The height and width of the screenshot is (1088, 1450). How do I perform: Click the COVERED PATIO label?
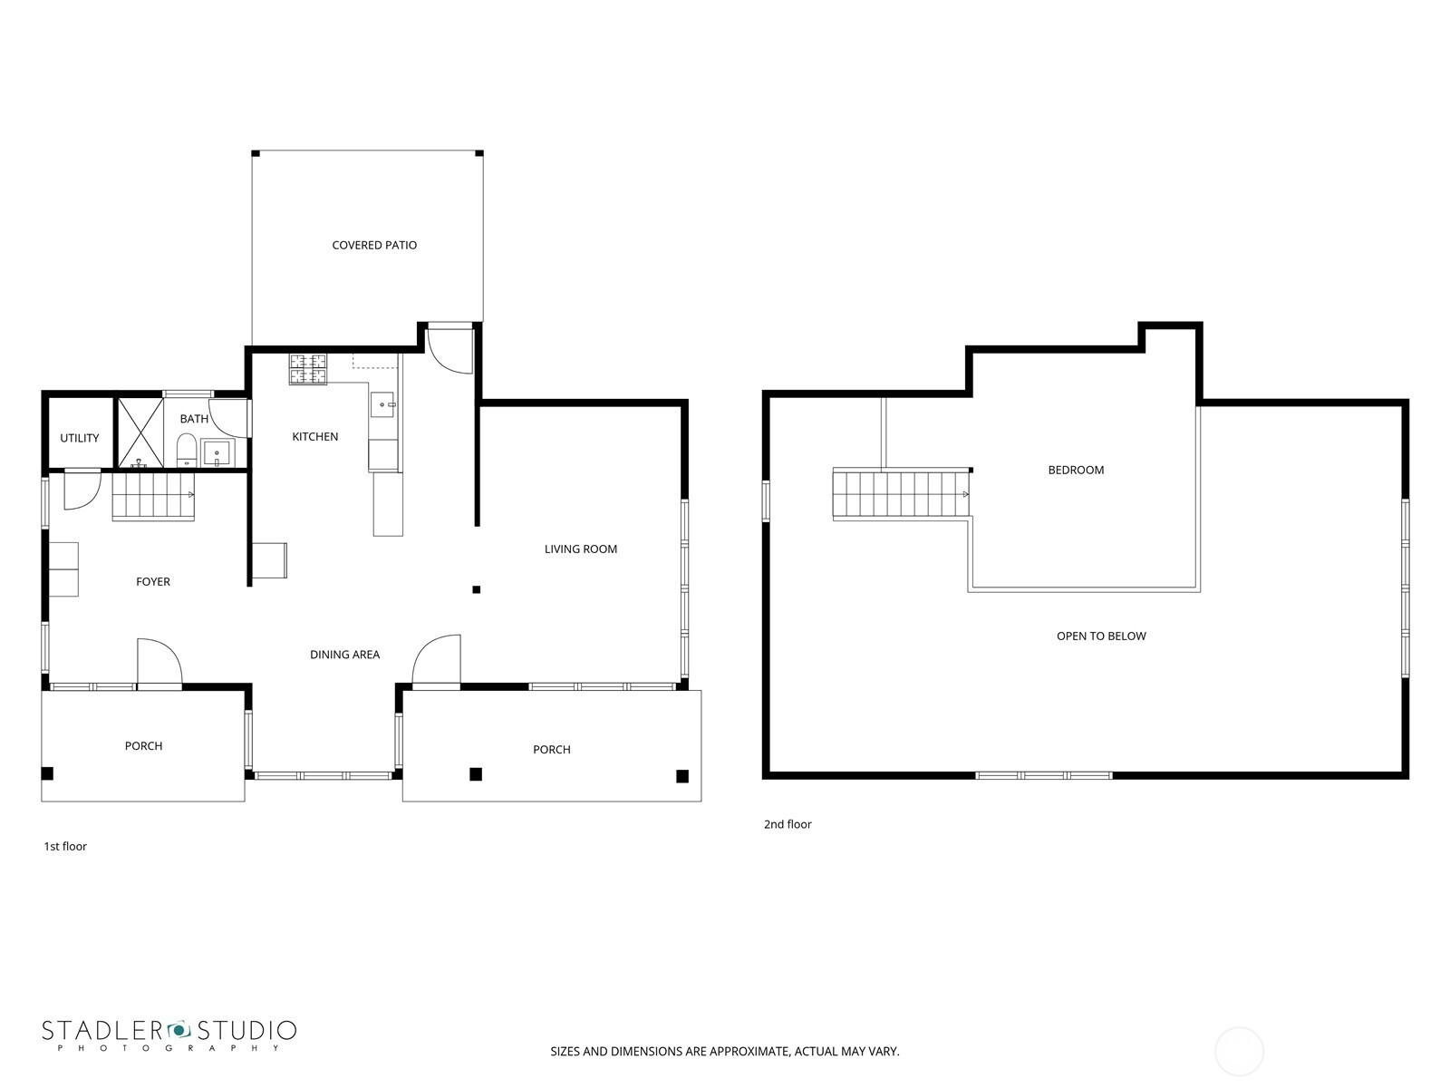(374, 245)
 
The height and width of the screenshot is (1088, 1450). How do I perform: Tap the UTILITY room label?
(79, 438)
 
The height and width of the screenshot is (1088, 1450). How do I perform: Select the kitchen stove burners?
(308, 369)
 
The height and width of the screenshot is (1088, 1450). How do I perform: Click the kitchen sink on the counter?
(382, 404)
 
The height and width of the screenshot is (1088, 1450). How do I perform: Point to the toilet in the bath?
(187, 450)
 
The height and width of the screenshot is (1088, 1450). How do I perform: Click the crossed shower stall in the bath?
(140, 432)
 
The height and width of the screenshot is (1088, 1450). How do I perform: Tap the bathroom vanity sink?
(217, 454)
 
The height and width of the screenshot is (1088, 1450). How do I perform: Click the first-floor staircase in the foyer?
(153, 496)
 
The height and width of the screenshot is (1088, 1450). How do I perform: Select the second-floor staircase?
(901, 494)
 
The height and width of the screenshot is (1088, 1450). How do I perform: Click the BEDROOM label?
(1076, 471)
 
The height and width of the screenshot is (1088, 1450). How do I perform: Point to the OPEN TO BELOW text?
(1101, 636)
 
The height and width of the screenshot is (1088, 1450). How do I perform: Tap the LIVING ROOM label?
(581, 549)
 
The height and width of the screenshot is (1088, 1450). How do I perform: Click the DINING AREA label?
(345, 655)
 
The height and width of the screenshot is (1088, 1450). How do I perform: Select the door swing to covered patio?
(449, 349)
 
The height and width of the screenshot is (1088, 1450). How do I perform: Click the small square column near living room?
(477, 590)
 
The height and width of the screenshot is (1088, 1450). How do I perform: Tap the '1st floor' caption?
(65, 846)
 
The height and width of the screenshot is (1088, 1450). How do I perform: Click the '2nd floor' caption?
(788, 824)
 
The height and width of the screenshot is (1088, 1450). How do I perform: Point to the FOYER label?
(152, 582)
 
